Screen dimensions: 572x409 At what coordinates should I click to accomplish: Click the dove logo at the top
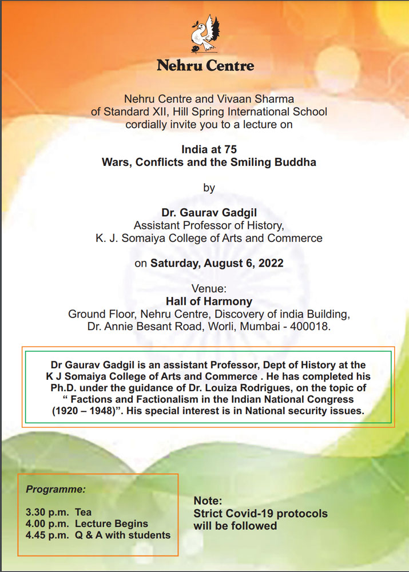click(x=205, y=34)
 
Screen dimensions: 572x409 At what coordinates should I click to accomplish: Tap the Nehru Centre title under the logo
click(x=205, y=65)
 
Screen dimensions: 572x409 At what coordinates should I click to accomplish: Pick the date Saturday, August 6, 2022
click(x=218, y=264)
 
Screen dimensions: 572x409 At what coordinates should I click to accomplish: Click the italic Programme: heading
click(x=56, y=490)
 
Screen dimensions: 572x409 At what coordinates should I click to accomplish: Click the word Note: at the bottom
click(x=207, y=500)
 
